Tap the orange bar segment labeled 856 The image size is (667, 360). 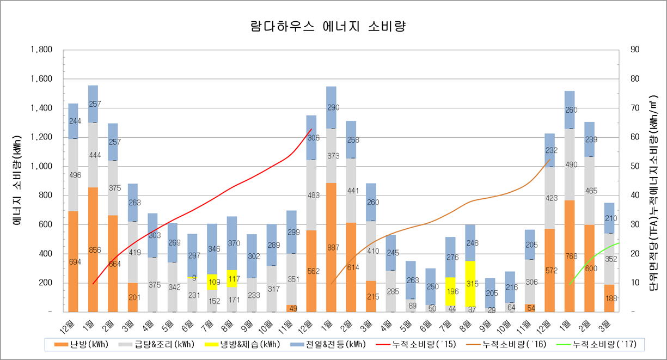click(93, 249)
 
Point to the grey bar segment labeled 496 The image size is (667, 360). click(73, 175)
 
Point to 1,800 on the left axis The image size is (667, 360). click(41, 50)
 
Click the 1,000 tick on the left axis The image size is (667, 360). click(41, 166)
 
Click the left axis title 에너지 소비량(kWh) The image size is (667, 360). click(17, 181)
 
